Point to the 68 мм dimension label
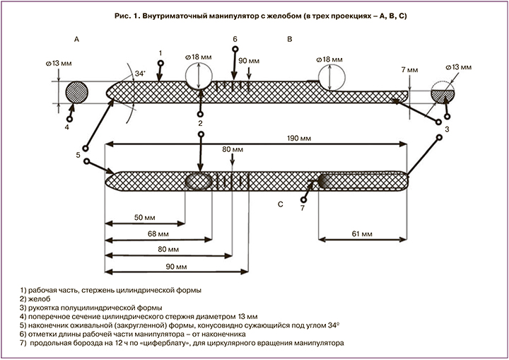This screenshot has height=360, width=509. tap(158, 233)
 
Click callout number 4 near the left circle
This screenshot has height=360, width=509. tap(66, 128)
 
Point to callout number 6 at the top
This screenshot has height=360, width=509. tap(235, 38)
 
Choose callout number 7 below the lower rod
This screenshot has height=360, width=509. tap(302, 209)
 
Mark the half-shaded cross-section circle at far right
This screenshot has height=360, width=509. tap(445, 95)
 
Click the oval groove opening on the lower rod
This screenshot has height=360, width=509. tap(199, 181)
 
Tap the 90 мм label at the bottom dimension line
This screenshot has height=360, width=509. tap(175, 267)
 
